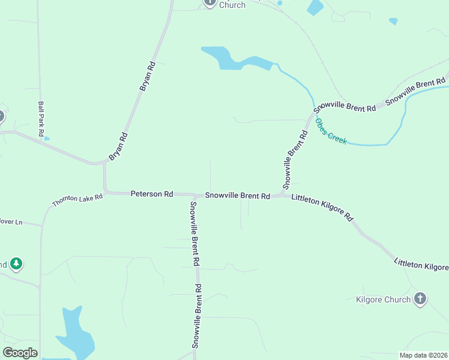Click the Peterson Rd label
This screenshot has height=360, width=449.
152,194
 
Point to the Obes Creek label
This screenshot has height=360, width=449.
331,132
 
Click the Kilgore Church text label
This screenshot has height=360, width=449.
383,299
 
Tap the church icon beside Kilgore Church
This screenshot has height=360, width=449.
420,298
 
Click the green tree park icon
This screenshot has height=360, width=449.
17,263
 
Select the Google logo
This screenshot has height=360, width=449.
20,353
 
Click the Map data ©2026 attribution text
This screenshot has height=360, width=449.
423,355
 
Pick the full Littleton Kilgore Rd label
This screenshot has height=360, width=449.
322,207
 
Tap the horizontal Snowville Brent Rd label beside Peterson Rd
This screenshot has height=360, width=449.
237,196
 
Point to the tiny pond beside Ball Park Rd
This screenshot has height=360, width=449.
47,139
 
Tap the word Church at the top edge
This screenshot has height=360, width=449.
232,5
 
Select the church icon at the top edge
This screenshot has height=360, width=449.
209,2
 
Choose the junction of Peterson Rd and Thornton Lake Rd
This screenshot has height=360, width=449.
106,192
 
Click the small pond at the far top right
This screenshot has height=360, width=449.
393,21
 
